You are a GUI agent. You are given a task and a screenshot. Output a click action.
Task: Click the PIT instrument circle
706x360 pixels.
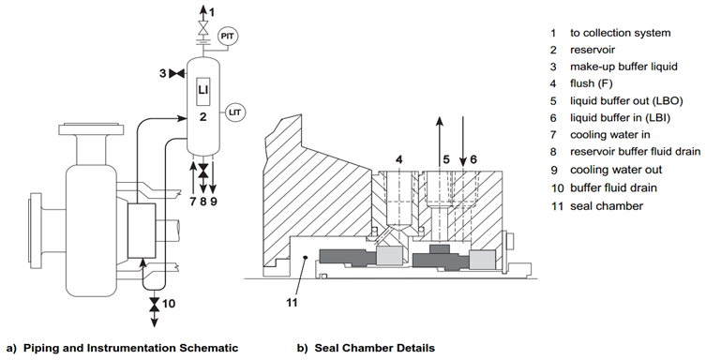pyautogui.click(x=228, y=36)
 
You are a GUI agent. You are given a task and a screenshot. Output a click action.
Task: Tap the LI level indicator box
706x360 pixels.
pyautogui.click(x=203, y=92)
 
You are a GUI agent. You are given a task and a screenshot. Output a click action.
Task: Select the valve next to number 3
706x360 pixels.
pyautogui.click(x=176, y=73)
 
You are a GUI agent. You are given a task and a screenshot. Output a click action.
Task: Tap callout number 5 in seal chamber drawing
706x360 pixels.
pyautogui.click(x=446, y=160)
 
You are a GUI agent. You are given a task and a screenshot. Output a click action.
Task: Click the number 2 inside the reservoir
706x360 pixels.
pyautogui.click(x=203, y=118)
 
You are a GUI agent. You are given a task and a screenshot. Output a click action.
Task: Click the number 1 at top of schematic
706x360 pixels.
pyautogui.click(x=212, y=12)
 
